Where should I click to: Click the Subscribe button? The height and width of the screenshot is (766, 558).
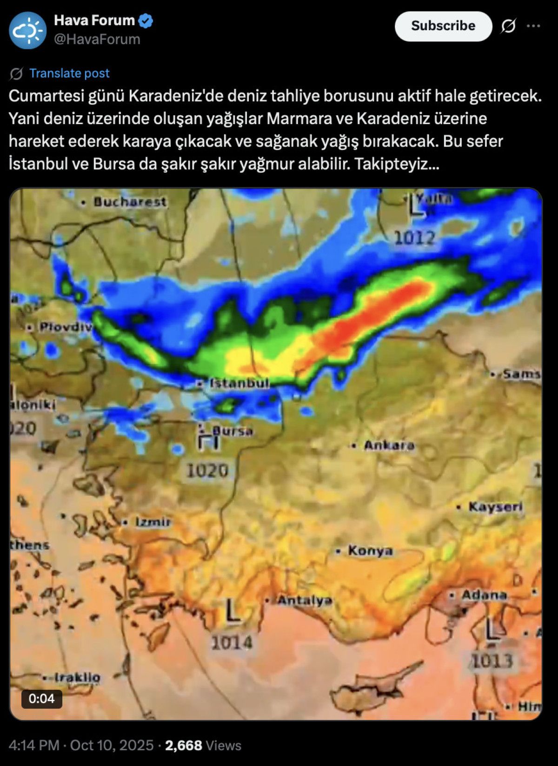click(443, 26)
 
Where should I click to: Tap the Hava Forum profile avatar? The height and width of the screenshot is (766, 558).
click(28, 31)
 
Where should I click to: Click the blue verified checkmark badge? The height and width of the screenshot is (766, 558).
click(146, 21)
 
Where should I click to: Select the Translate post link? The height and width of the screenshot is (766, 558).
click(69, 73)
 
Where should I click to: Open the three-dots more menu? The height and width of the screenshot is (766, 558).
click(533, 26)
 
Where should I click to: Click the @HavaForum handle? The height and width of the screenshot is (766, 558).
click(97, 40)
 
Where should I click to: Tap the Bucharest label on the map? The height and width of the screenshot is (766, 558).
click(129, 202)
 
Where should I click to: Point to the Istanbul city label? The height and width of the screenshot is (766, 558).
click(239, 383)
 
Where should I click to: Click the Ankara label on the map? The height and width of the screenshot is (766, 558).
click(389, 446)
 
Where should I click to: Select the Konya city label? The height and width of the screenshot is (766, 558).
click(370, 551)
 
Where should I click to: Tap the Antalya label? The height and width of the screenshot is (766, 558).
click(305, 600)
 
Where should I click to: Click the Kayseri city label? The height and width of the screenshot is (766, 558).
click(495, 506)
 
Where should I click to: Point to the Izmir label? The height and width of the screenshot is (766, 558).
click(153, 522)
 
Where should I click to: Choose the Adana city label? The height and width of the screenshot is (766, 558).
click(484, 595)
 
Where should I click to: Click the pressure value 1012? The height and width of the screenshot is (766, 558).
click(414, 238)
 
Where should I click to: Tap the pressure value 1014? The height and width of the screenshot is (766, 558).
click(232, 643)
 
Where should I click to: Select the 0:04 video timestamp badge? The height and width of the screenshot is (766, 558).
click(41, 699)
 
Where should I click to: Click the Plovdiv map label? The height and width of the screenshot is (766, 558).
click(66, 327)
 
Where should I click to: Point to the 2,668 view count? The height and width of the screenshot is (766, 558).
click(184, 746)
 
